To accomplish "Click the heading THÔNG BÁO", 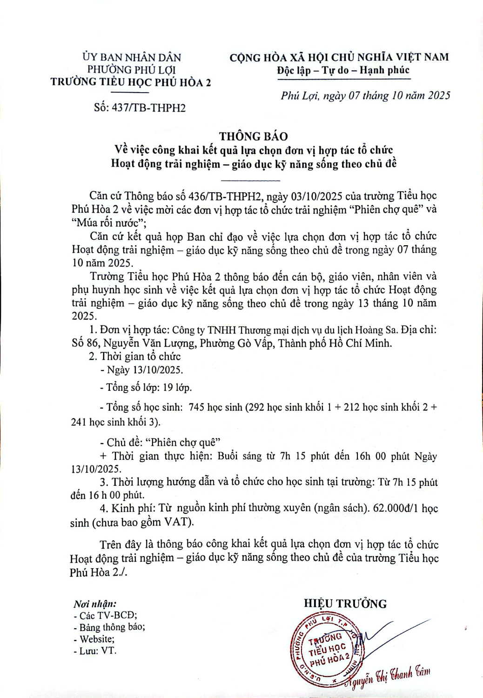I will pos(254,136).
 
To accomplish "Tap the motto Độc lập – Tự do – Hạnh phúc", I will pos(343,70).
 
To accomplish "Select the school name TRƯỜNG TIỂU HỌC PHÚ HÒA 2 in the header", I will pos(131,82).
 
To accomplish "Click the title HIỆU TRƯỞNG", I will pos(345,604).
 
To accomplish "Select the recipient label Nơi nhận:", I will pos(95,604).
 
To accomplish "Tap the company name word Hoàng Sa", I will pos(376,330).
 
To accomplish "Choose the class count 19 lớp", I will pos(177,388).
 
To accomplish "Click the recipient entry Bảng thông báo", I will pos(112,627).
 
